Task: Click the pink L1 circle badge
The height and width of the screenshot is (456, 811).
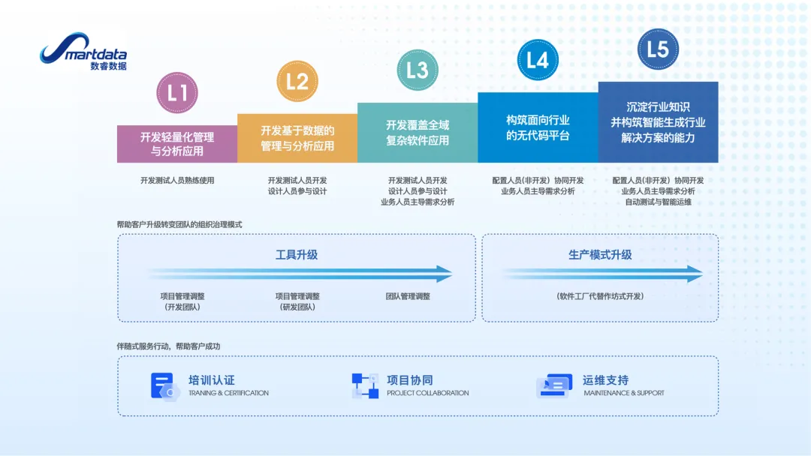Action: (x=177, y=92)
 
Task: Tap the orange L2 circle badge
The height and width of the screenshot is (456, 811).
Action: (x=297, y=81)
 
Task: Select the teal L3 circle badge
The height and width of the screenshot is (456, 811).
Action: (x=418, y=70)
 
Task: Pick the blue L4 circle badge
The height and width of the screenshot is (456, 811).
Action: (x=538, y=60)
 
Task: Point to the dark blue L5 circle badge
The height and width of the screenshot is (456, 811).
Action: (x=658, y=49)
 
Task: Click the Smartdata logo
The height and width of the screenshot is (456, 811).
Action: (x=83, y=51)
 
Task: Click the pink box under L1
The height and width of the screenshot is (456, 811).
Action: (x=177, y=144)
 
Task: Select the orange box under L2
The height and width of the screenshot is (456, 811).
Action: (x=297, y=139)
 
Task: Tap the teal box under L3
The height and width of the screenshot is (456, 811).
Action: (x=418, y=133)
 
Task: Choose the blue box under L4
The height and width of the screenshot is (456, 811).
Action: (x=538, y=127)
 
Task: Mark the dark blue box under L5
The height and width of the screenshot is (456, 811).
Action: (x=659, y=122)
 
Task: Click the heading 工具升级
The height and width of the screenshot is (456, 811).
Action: (x=297, y=254)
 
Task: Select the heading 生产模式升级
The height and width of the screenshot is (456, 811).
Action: (x=600, y=254)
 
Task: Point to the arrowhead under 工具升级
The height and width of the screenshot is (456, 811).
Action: (x=445, y=274)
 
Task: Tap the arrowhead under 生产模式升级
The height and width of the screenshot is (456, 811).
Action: (x=695, y=274)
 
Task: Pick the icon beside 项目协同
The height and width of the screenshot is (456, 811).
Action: (x=365, y=385)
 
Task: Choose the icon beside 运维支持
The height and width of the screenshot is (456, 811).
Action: (x=554, y=385)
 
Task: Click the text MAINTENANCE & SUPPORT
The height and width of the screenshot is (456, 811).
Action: (x=624, y=393)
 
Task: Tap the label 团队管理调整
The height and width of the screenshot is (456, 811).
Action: (x=408, y=296)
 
